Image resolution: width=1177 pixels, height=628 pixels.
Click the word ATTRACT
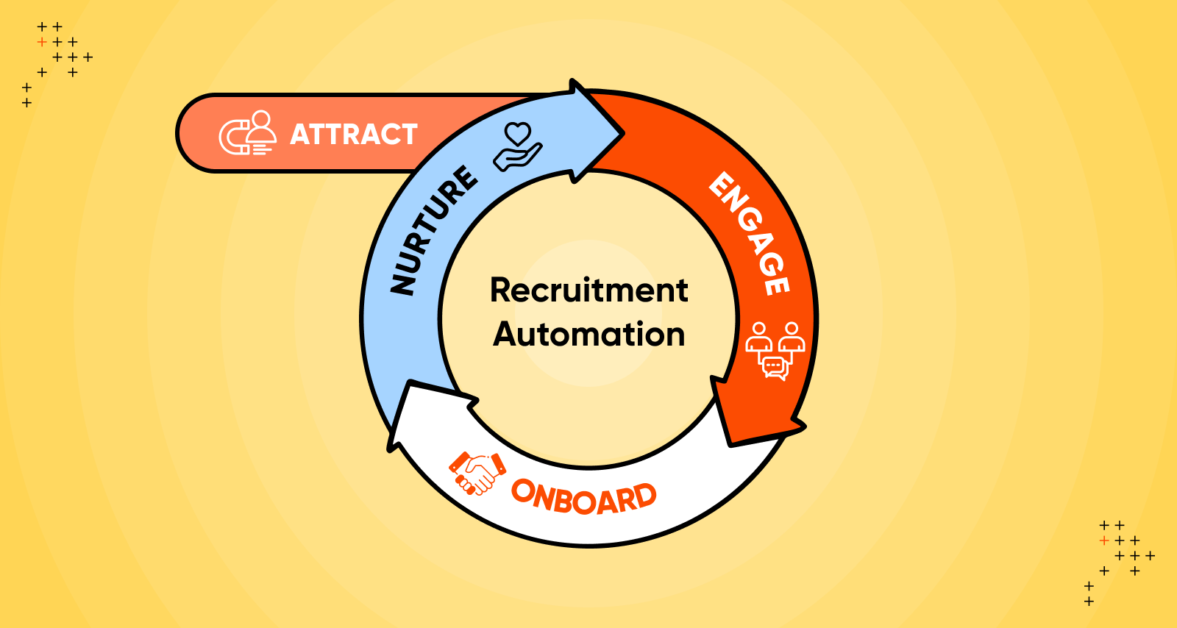click(x=354, y=135)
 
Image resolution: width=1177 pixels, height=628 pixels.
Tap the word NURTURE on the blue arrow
click(x=433, y=230)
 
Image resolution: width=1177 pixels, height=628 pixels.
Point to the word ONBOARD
click(x=583, y=497)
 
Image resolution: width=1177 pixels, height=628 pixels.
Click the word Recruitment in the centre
click(x=588, y=290)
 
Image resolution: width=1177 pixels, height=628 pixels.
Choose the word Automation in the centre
click(x=588, y=335)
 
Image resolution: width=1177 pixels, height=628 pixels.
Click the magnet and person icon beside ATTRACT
click(x=248, y=133)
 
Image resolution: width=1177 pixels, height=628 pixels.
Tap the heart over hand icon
click(x=517, y=146)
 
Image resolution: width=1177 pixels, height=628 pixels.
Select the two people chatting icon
click(x=775, y=350)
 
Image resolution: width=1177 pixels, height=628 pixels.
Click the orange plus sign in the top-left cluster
click(x=42, y=42)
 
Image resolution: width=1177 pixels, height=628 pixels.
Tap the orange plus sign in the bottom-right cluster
click(x=1103, y=540)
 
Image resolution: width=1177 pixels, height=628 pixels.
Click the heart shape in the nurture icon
click(x=518, y=133)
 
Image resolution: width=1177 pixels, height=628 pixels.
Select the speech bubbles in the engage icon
click(x=775, y=367)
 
